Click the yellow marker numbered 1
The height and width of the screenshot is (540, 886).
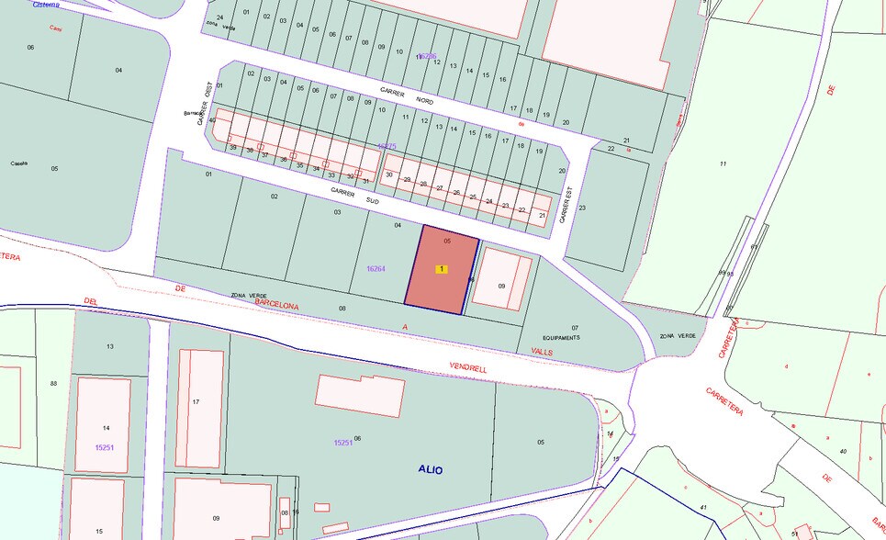click(x=442, y=269)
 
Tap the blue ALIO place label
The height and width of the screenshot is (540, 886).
click(x=430, y=469)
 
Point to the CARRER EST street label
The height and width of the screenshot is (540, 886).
click(x=567, y=207)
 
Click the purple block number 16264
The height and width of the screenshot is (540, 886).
click(x=376, y=269)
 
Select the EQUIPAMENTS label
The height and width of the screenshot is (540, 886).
click(x=561, y=337)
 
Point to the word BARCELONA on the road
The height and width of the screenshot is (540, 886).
click(x=276, y=302)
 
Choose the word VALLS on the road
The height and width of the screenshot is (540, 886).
click(x=542, y=352)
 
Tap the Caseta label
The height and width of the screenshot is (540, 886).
click(x=18, y=163)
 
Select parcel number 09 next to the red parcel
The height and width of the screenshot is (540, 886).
click(x=501, y=286)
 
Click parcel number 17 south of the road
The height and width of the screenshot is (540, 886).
click(x=196, y=401)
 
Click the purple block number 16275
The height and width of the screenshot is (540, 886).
click(x=387, y=146)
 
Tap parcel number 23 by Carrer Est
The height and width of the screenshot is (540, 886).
click(x=582, y=208)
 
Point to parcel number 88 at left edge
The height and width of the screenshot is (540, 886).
click(x=53, y=383)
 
